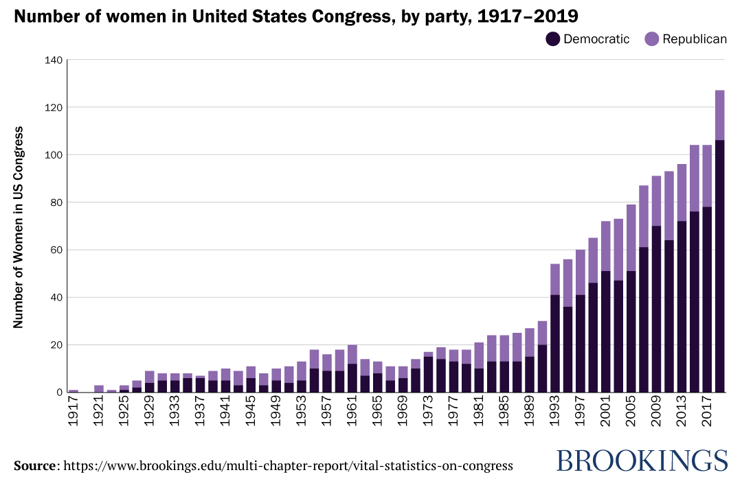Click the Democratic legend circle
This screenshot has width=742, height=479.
click(x=553, y=39)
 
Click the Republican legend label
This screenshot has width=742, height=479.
click(x=694, y=39)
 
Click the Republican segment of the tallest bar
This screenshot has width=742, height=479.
click(x=720, y=115)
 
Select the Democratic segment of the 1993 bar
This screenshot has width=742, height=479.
click(x=556, y=343)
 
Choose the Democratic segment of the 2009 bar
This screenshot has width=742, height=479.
click(x=657, y=309)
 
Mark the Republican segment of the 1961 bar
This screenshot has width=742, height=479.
click(x=352, y=354)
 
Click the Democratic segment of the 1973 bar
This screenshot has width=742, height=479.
click(x=429, y=374)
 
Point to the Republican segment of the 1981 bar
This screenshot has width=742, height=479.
click(x=480, y=355)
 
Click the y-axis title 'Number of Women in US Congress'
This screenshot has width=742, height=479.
click(x=19, y=226)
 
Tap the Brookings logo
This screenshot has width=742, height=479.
click(x=641, y=460)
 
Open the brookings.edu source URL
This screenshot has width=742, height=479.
click(x=288, y=466)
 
